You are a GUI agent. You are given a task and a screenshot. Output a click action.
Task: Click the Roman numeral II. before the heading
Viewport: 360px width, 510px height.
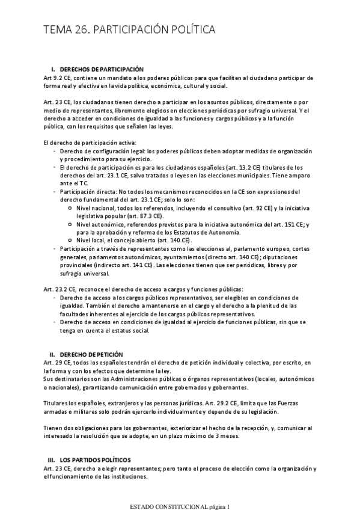pos(52,355)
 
